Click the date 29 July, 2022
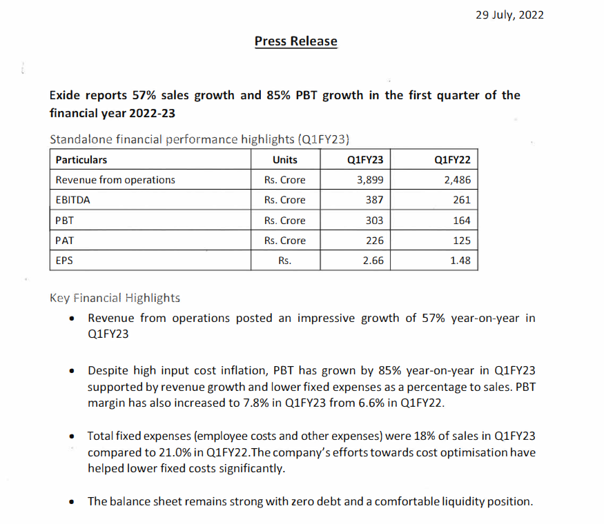click(509, 15)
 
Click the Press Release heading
click(295, 41)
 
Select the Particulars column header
click(81, 160)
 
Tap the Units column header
click(284, 160)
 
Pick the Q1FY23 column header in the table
click(365, 160)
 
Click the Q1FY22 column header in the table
click(453, 160)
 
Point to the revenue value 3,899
click(369, 180)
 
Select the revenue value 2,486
click(457, 180)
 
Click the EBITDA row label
click(72, 200)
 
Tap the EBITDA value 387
click(374, 200)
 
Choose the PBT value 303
click(374, 221)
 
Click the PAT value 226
click(374, 241)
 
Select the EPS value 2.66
click(373, 261)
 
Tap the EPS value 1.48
click(460, 261)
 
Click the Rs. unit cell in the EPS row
click(284, 261)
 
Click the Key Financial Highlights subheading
click(115, 298)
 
